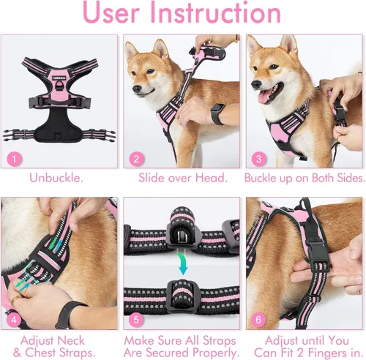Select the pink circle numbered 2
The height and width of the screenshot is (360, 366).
pos(135,159)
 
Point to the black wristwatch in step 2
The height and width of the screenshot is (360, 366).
pos(219,114)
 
